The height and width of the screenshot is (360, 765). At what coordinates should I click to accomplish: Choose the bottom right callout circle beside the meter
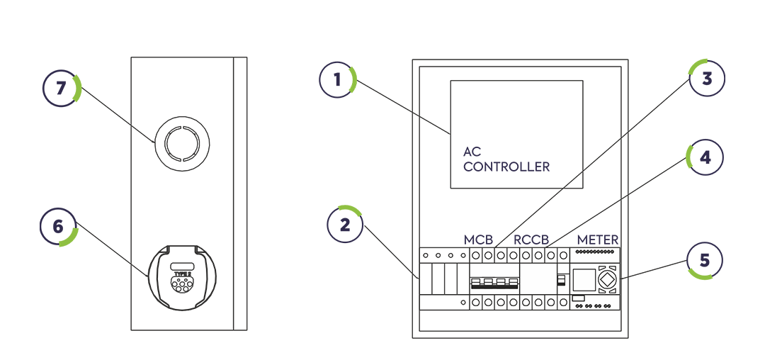706,259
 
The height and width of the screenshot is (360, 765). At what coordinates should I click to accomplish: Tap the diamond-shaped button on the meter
608,280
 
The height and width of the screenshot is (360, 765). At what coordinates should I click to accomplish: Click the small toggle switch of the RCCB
560,281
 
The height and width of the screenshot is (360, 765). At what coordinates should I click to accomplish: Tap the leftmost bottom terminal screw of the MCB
476,303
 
